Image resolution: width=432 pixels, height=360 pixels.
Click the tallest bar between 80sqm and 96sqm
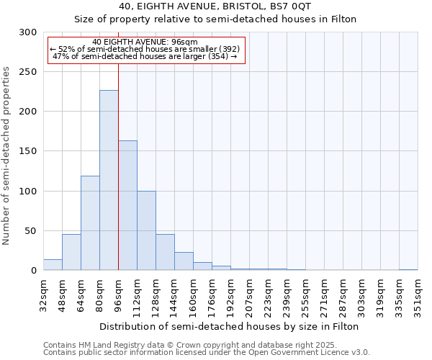pyautogui.click(x=109, y=180)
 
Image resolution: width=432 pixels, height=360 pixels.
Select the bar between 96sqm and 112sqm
pyautogui.click(x=127, y=205)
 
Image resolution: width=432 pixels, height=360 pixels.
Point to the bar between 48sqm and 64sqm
pyautogui.click(x=71, y=252)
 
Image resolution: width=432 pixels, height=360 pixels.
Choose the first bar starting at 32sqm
pyautogui.click(x=53, y=265)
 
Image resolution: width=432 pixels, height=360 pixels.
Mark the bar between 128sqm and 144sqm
pyautogui.click(x=165, y=252)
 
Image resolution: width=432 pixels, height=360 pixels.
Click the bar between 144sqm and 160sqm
pyautogui.click(x=184, y=261)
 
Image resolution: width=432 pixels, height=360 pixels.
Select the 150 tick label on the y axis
pyautogui.click(x=28, y=151)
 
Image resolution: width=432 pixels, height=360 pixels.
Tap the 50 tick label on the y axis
pyautogui.click(x=31, y=231)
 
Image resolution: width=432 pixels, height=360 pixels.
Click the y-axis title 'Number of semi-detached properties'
pyautogui.click(x=7, y=156)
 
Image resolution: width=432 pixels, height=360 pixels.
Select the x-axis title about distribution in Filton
pyautogui.click(x=230, y=326)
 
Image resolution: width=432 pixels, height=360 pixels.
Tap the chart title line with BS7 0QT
pyautogui.click(x=215, y=6)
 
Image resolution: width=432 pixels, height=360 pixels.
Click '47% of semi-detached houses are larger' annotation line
pyautogui.click(x=145, y=56)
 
